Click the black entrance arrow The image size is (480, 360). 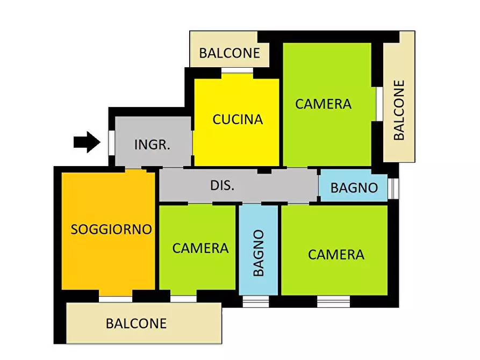[87, 142]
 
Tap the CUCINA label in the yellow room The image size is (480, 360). [238, 119]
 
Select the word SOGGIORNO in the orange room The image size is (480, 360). [111, 229]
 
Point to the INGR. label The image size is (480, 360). [152, 145]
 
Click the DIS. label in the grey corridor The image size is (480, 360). [222, 186]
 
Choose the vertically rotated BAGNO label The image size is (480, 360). [259, 253]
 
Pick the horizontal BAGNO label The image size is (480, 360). [354, 188]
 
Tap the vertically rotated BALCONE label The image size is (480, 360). [399, 110]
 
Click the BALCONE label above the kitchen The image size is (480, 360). [230, 53]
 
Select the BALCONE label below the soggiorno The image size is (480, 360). [136, 324]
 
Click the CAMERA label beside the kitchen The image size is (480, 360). [323, 104]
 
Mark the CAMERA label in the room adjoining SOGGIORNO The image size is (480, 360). [200, 248]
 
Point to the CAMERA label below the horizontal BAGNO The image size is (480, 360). [336, 254]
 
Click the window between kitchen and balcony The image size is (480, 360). [237, 70]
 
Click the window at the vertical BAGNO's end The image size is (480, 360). [256, 301]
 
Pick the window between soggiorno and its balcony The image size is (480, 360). [116, 299]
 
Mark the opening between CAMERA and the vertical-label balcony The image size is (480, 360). [378, 104]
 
